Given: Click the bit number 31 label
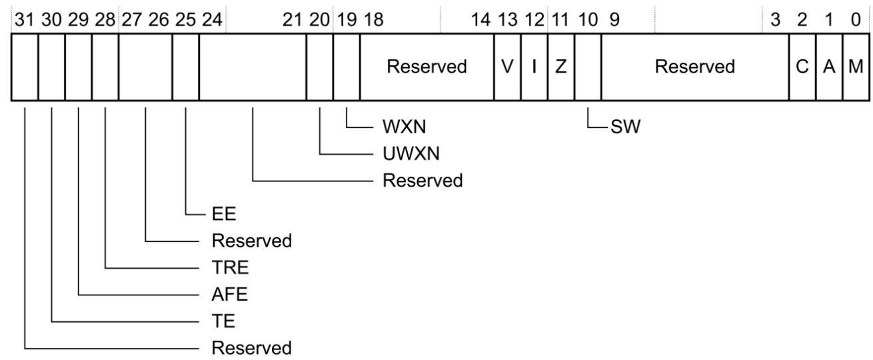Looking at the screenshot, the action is (x=25, y=19).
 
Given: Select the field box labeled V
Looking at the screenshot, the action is (x=507, y=67).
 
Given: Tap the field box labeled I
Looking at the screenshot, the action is (x=534, y=67).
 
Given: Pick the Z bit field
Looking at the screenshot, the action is (x=561, y=67).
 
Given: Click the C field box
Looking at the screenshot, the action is (x=802, y=67).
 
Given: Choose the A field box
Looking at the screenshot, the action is (x=829, y=67).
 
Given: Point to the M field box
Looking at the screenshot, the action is (x=856, y=67).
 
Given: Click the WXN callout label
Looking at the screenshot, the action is (x=404, y=127).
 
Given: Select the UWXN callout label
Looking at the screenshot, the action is (x=411, y=154).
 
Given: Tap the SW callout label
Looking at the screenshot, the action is (x=625, y=127).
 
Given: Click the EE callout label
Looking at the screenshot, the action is (x=224, y=214).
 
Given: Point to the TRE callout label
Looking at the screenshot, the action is (x=230, y=267).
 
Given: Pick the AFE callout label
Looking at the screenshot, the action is (x=229, y=294).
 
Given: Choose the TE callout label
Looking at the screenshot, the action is (x=223, y=321).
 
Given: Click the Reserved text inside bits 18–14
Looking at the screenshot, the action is (x=427, y=67).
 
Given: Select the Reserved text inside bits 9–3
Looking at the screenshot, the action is (x=695, y=67).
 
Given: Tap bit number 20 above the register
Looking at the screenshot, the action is (x=319, y=19).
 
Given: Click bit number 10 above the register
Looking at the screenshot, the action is (x=588, y=19).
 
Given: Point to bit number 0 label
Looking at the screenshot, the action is (x=856, y=19).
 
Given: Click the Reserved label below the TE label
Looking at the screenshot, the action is (x=252, y=348).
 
